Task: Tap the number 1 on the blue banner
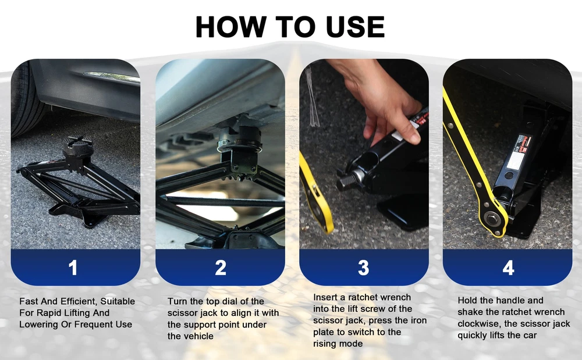73,268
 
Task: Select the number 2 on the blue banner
221,268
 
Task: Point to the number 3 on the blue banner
364,268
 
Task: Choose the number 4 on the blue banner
508,268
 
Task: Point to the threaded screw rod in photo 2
223,202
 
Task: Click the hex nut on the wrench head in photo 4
492,218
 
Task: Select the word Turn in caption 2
178,301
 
